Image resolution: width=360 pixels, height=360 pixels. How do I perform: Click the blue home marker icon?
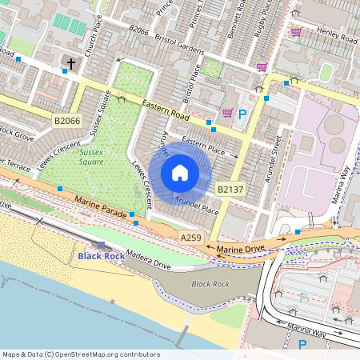pyautogui.click(x=180, y=173)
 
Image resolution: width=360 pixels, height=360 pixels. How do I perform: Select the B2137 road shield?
pyautogui.click(x=230, y=189)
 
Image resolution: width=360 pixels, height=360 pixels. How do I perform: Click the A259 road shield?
pyautogui.click(x=191, y=238)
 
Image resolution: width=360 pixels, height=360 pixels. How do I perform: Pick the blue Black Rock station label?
pyautogui.click(x=102, y=255)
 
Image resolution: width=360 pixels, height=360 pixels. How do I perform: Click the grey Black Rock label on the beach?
pyautogui.click(x=210, y=284)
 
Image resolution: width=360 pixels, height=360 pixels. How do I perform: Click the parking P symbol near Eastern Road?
pyautogui.click(x=242, y=114)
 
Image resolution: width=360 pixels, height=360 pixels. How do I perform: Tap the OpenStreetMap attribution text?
pyautogui.click(x=81, y=354)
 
